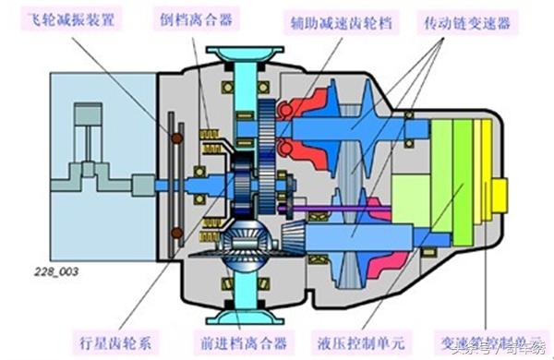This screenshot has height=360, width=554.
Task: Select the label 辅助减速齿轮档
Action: pyautogui.click(x=337, y=20)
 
